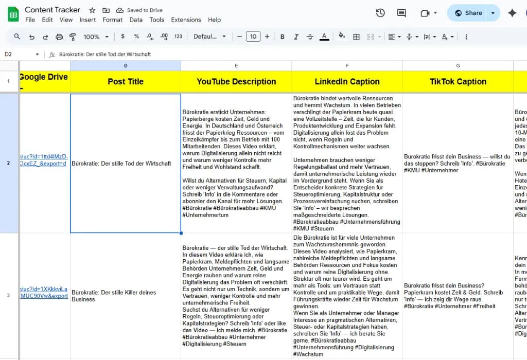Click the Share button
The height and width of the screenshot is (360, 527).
coord(468,13)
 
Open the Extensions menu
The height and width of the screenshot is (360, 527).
coord(186,20)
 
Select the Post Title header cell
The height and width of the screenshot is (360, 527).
coord(126,81)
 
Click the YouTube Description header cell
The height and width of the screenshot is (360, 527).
coord(236,81)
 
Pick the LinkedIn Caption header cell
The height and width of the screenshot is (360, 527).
coord(347,81)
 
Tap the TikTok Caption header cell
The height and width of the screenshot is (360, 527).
coord(458,81)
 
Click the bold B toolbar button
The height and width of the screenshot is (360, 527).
coord(283,37)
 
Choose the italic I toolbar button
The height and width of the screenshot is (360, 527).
coord(296,37)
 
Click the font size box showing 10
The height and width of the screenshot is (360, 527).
coord(253,37)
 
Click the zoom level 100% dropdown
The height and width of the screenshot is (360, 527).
coord(96,37)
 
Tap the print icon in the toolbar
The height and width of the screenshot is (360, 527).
coord(59,37)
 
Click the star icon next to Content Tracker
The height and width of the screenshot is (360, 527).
coord(92,10)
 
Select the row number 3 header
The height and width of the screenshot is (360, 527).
coord(8,295)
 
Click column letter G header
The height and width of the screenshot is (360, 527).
coord(458,65)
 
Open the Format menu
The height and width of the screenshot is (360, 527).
coord(112,20)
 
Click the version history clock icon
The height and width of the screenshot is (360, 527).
coord(380,13)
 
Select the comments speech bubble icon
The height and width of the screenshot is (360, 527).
coord(401,13)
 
